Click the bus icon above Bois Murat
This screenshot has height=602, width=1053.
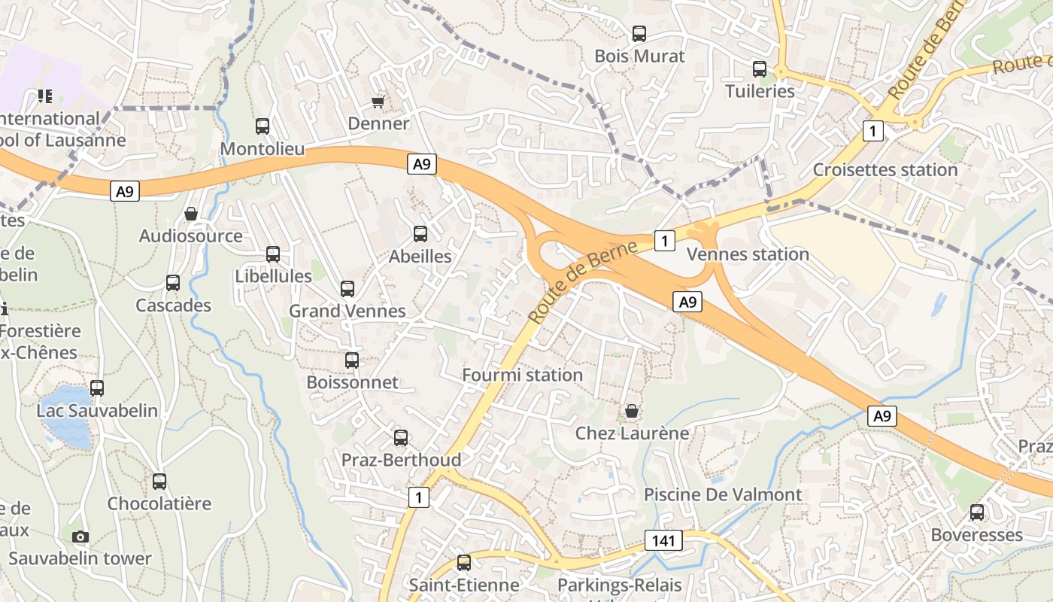[x=639, y=34]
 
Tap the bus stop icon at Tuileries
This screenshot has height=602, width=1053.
[x=760, y=69]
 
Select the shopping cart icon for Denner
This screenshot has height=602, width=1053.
[x=378, y=102]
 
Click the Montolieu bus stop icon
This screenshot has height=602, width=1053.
[x=262, y=126]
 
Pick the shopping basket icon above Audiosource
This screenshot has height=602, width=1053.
[x=191, y=214]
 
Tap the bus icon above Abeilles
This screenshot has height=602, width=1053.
[x=420, y=234]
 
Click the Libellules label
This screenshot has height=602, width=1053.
[x=273, y=276]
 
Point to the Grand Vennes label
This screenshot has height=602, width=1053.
[x=347, y=311]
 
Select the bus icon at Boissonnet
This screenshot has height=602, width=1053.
[x=352, y=360]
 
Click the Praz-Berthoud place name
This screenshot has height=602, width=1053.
[x=401, y=460]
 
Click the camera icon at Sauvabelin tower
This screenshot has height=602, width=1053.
[x=80, y=537]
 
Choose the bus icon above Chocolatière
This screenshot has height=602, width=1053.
[x=159, y=482]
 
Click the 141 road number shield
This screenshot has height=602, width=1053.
[x=663, y=540]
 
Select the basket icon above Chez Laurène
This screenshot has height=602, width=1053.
[x=632, y=411]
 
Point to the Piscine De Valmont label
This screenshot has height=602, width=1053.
[x=723, y=494]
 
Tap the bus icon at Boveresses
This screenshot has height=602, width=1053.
[x=977, y=512]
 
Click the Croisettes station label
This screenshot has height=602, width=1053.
[x=885, y=169]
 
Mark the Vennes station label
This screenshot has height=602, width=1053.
[x=748, y=254]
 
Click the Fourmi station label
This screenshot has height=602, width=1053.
[x=522, y=375]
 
